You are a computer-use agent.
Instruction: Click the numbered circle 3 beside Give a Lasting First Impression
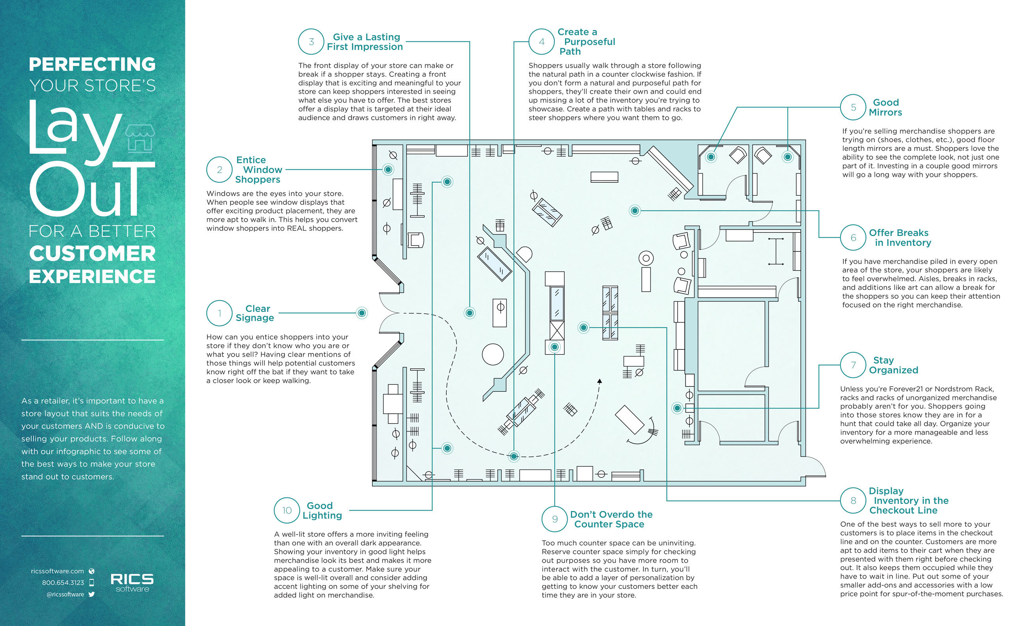(x=311, y=42)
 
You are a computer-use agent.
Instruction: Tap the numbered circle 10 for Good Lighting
(x=287, y=510)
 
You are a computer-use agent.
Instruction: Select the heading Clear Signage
(x=255, y=313)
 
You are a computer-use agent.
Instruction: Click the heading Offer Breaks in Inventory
(x=900, y=238)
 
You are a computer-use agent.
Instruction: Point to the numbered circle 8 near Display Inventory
(x=853, y=500)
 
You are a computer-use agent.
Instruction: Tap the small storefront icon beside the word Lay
(x=140, y=138)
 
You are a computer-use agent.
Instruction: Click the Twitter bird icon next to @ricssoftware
(x=91, y=594)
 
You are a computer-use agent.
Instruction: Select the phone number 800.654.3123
(x=63, y=582)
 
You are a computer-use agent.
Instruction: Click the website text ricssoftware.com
(x=58, y=571)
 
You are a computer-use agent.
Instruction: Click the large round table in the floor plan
(x=492, y=354)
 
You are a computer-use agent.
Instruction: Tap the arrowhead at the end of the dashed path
(x=600, y=381)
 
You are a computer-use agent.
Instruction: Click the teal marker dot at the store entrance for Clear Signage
(x=362, y=313)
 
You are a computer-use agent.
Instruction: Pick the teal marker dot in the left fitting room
(x=711, y=157)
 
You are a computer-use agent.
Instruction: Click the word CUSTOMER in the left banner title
(x=92, y=254)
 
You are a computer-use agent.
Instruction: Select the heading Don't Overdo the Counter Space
(x=611, y=519)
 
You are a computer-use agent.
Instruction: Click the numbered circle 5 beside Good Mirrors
(x=853, y=107)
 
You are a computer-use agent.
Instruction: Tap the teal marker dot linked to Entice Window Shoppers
(x=388, y=169)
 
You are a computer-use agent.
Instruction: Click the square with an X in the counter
(x=557, y=331)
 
